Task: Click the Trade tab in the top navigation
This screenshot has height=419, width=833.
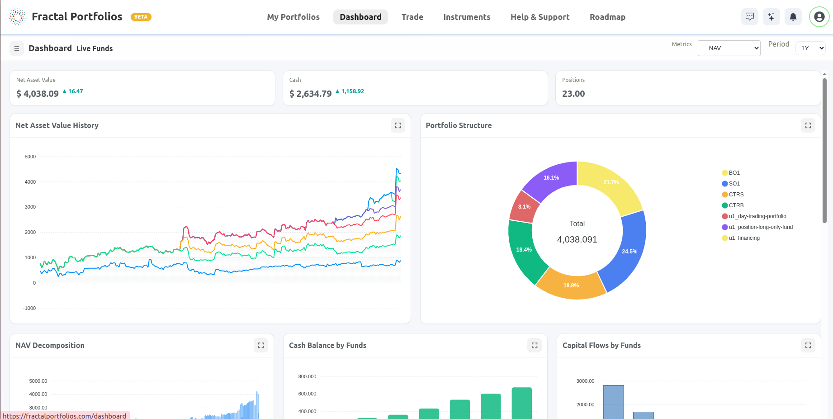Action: [412, 17]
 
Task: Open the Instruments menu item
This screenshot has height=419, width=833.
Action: [467, 17]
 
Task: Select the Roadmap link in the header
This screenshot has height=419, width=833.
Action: [607, 17]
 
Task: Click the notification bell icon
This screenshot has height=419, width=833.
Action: [793, 17]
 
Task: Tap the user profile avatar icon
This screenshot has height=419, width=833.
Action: [819, 17]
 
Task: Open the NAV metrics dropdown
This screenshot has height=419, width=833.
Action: [729, 48]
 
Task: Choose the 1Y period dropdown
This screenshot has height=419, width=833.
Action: [810, 48]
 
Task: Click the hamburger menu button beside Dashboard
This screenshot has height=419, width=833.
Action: [17, 48]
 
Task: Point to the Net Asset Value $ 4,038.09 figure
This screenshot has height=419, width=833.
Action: [38, 94]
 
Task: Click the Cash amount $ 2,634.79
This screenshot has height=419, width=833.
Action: [310, 94]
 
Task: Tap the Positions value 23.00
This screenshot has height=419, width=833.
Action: [573, 94]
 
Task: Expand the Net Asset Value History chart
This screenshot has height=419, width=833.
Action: [398, 125]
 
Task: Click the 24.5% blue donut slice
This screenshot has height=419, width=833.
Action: [629, 252]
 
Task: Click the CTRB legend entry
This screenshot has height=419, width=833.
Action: [735, 205]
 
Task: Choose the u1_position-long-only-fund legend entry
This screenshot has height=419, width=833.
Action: [760, 227]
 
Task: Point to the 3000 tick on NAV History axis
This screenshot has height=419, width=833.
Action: [30, 207]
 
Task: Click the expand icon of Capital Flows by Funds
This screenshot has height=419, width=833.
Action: [808, 345]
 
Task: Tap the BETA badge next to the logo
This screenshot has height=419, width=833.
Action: [141, 17]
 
